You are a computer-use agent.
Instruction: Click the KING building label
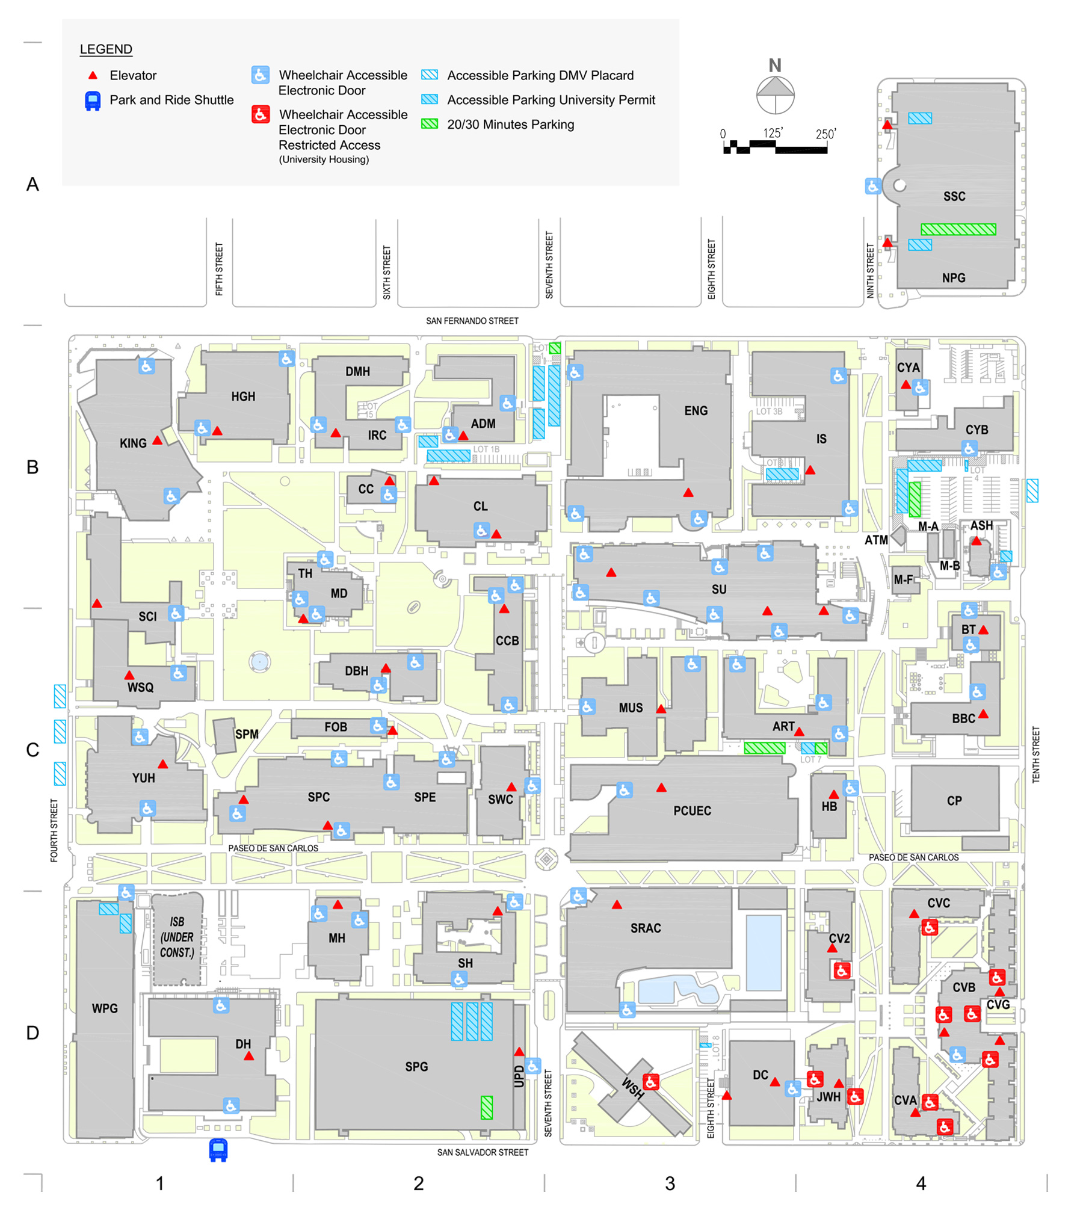point(133,443)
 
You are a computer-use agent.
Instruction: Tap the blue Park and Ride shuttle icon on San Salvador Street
point(218,1149)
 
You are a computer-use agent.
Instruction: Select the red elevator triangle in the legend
point(93,75)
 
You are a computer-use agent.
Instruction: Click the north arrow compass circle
point(775,95)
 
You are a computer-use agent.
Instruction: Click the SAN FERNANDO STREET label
point(472,321)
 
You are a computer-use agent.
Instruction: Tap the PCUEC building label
point(692,810)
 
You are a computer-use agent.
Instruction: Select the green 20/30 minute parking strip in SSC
point(957,229)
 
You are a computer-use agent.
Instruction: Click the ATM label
point(875,540)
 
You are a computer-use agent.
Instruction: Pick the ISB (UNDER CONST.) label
point(177,937)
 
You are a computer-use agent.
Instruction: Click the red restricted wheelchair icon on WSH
point(650,1081)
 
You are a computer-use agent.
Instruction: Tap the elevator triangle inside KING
point(157,440)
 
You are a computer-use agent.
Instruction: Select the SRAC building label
point(645,928)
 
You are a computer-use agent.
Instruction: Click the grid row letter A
point(32,184)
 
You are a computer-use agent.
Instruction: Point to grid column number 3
point(670,1183)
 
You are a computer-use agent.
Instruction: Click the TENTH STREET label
point(1035,754)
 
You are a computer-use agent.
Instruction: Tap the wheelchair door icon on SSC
point(872,186)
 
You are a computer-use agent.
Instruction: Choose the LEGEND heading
point(106,49)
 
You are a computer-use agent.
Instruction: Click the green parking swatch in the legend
point(429,124)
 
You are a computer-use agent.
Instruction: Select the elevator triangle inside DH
point(248,1056)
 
